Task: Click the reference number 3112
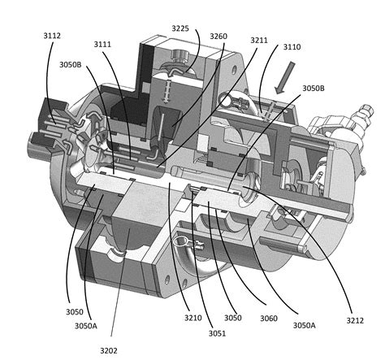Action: pyautogui.click(x=52, y=37)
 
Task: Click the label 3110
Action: pyautogui.click(x=291, y=46)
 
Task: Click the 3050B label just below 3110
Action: pyautogui.click(x=316, y=88)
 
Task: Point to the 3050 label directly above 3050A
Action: pyautogui.click(x=76, y=311)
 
